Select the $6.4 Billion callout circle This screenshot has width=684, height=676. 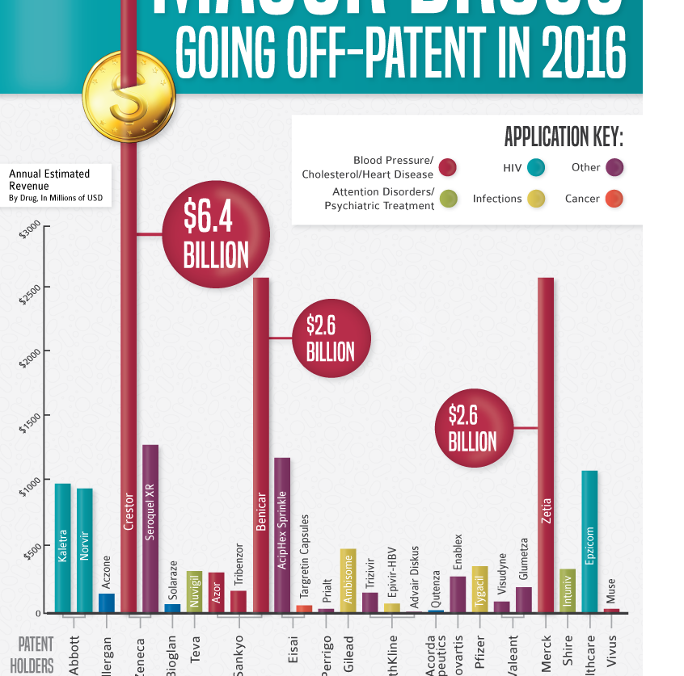216,235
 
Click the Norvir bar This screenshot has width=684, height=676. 85,550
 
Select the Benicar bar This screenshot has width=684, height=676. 261,444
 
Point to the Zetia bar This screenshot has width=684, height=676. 546,444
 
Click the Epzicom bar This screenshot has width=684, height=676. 589,541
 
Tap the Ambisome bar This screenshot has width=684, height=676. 348,580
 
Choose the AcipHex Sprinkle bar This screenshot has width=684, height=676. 282,535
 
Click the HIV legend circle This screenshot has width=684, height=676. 536,168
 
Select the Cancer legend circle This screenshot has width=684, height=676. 614,199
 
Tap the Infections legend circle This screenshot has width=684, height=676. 536,199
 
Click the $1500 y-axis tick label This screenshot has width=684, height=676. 29,423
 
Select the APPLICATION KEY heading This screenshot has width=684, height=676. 563,136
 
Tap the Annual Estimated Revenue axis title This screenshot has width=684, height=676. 49,180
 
